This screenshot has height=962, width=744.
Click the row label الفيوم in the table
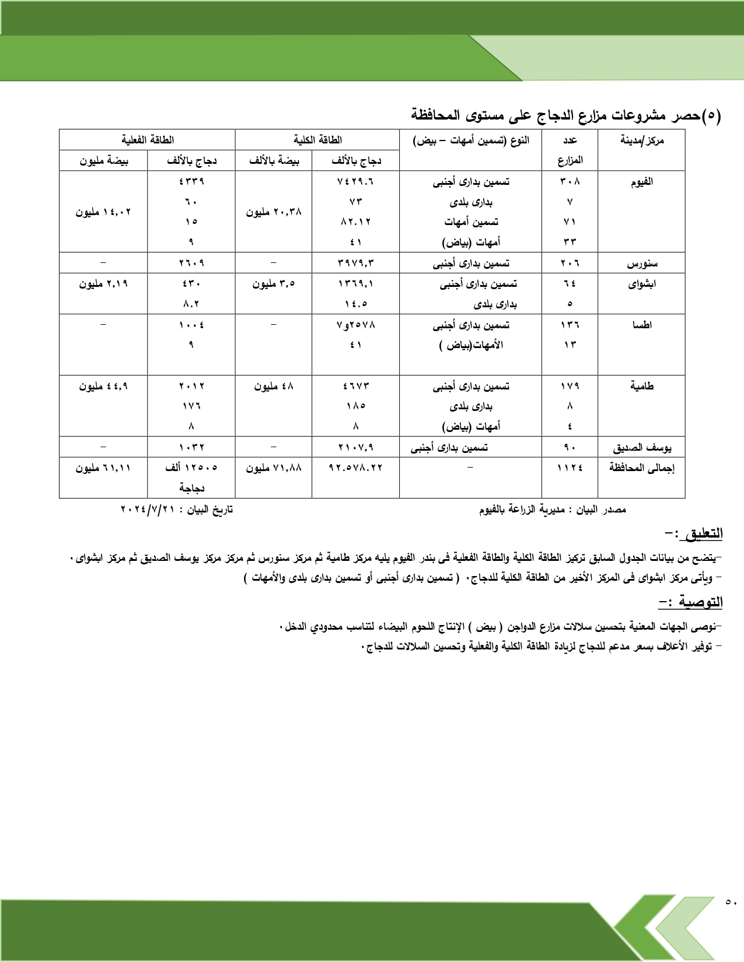pyautogui.click(x=641, y=182)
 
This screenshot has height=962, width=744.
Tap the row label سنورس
pyautogui.click(x=642, y=264)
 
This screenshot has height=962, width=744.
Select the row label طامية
pyautogui.click(x=642, y=386)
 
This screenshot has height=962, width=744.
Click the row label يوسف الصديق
pyautogui.click(x=642, y=447)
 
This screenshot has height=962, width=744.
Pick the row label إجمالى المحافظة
pyautogui.click(x=642, y=468)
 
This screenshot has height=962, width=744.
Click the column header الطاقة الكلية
pyautogui.click(x=317, y=140)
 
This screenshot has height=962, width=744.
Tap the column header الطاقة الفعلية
pyautogui.click(x=148, y=140)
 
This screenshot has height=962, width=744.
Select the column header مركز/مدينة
pyautogui.click(x=642, y=140)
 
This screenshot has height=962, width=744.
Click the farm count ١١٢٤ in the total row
pyautogui.click(x=570, y=468)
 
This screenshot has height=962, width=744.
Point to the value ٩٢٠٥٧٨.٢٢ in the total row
pyautogui.click(x=355, y=468)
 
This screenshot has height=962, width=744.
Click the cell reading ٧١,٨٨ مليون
pyautogui.click(x=274, y=468)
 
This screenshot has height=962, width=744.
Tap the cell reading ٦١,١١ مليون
pyautogui.click(x=103, y=468)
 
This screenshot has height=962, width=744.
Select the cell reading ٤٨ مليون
pyautogui.click(x=274, y=386)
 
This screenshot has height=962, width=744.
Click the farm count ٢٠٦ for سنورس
pyautogui.click(x=570, y=264)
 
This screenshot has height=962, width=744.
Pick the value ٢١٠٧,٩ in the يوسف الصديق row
pyautogui.click(x=355, y=447)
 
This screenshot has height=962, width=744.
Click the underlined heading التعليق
pyautogui.click(x=704, y=533)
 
